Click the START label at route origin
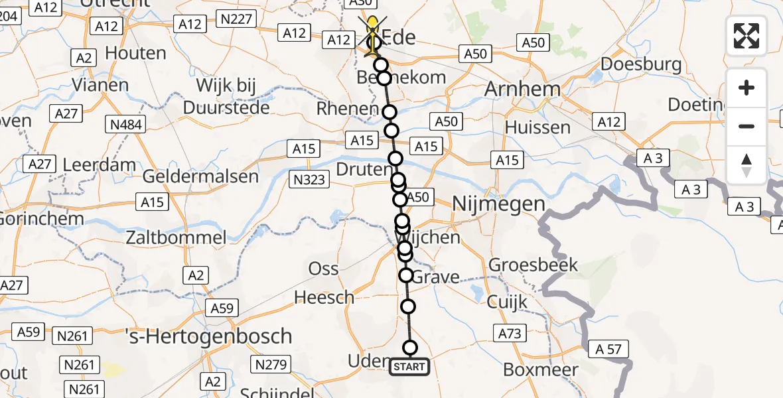coord(409,367)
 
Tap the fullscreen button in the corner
coord(747,35)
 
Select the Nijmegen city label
coord(498,205)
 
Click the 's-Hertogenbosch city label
coord(208,336)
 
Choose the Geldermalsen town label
coord(200,176)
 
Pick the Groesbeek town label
coord(534,265)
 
